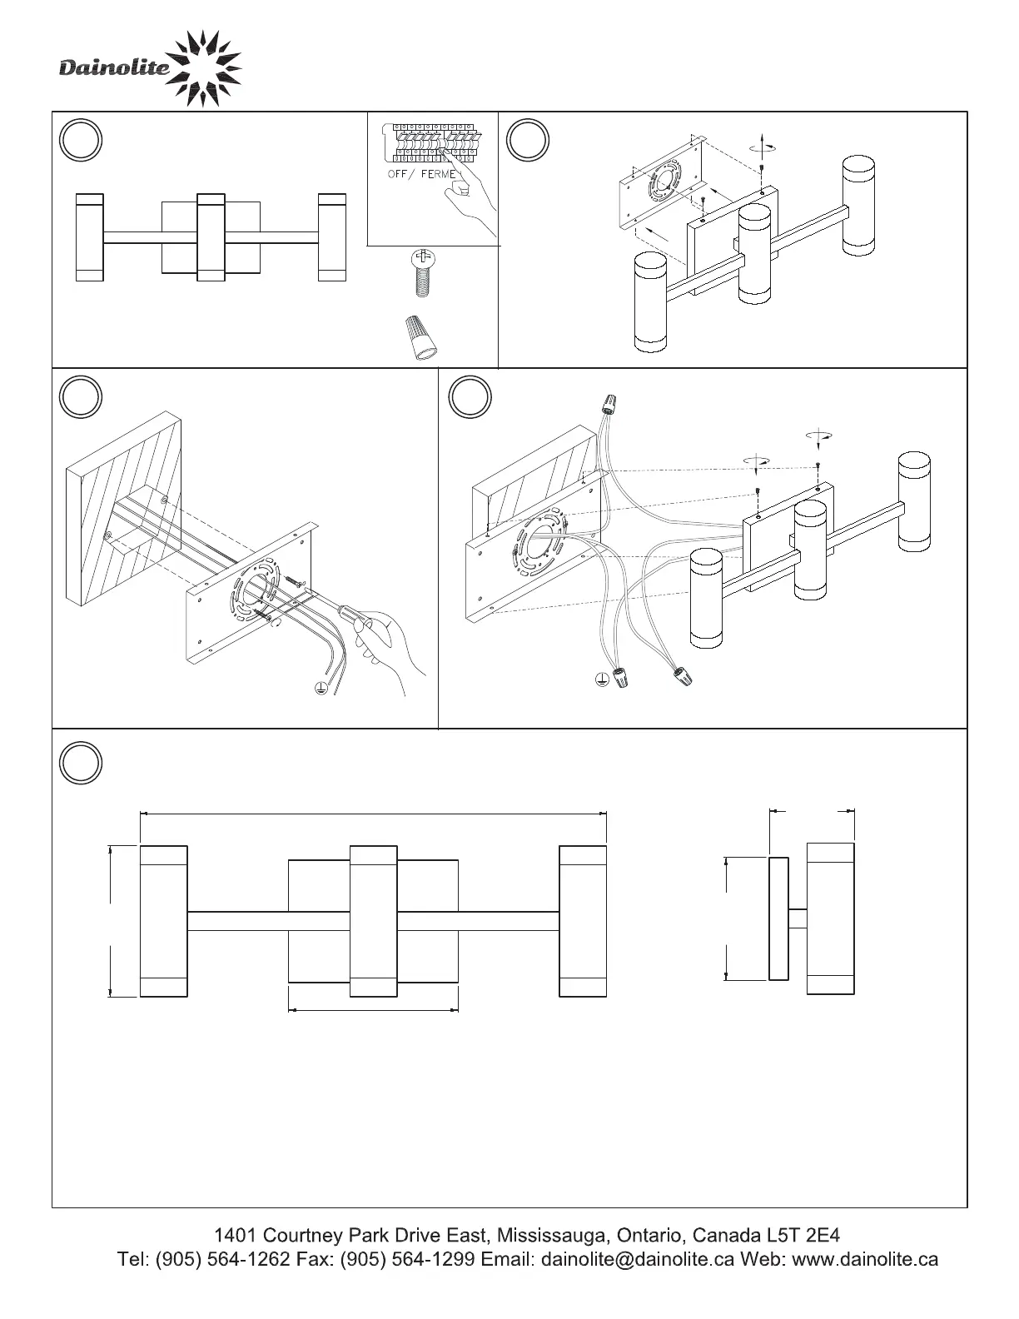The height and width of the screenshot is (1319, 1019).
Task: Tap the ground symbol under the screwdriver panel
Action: point(321,687)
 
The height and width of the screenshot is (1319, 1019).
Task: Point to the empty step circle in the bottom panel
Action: point(81,763)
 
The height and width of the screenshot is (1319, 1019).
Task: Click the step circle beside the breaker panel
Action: point(81,139)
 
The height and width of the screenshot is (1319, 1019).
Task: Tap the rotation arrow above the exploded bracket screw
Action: point(763,147)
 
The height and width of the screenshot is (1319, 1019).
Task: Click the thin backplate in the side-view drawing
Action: point(778,918)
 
